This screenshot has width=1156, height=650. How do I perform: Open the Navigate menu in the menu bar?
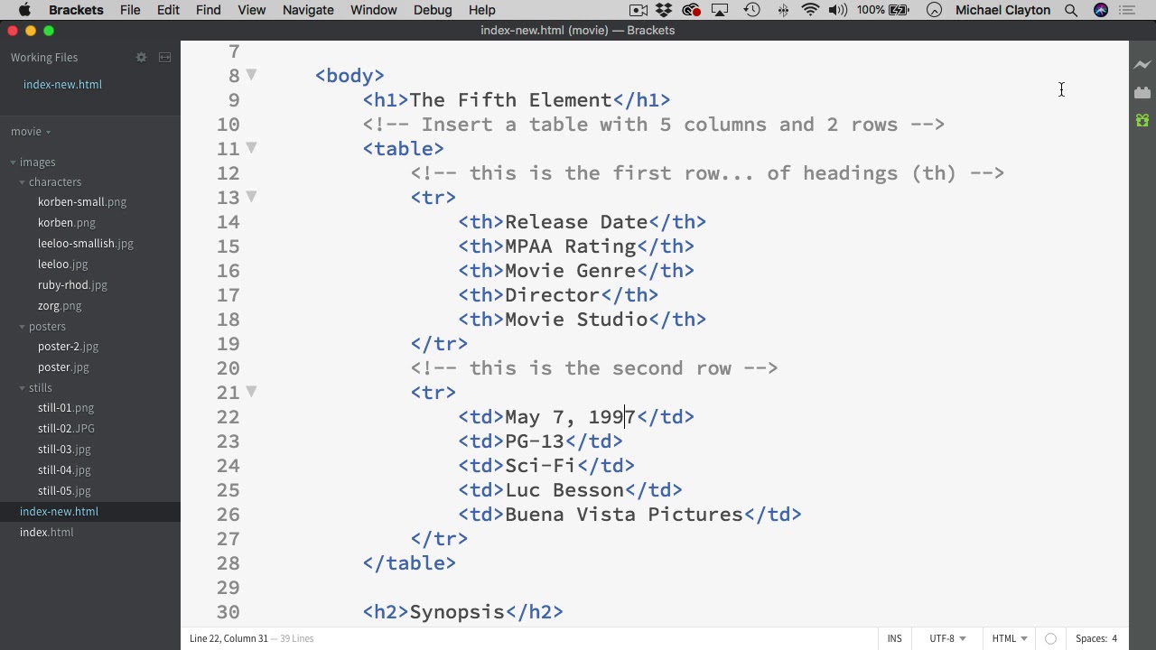(308, 10)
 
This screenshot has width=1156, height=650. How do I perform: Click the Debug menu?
(433, 10)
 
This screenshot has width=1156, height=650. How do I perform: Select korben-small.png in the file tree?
(81, 202)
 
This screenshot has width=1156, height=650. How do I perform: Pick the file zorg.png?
(60, 306)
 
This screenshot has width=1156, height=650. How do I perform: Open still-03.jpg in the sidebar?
(64, 450)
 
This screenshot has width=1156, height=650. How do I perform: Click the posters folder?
(47, 327)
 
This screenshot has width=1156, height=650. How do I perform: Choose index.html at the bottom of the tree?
(47, 533)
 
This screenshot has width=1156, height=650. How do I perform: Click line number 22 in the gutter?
(228, 417)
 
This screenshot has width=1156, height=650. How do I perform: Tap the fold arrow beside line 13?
(251, 197)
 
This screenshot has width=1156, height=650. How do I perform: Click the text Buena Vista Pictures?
(623, 515)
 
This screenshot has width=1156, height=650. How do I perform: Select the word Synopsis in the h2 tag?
(457, 612)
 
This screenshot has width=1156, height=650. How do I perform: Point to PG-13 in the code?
(534, 441)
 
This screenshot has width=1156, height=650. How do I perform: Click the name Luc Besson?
(564, 490)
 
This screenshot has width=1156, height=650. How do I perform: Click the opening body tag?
(350, 76)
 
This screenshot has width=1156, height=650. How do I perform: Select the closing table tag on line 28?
(409, 563)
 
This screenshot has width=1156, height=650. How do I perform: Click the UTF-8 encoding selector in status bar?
(947, 638)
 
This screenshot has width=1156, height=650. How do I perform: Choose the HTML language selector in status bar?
(1010, 638)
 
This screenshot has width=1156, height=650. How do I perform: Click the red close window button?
(13, 31)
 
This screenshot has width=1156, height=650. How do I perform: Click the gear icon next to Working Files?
(141, 58)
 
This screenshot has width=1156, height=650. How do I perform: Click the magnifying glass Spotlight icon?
(1071, 10)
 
